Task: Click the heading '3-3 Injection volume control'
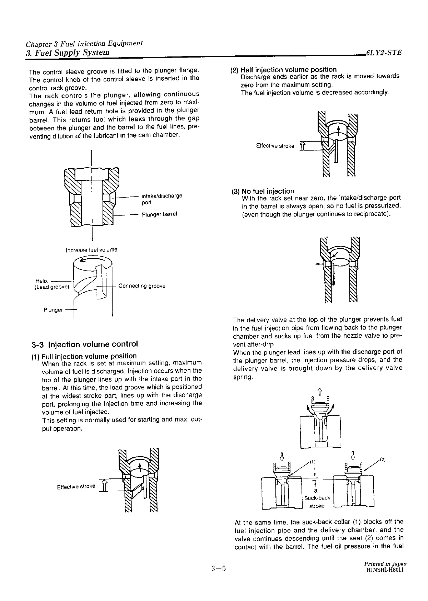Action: click(84, 344)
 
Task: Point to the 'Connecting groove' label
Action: click(141, 286)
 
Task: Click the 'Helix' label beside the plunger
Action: click(42, 281)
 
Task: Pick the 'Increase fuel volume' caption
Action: click(91, 250)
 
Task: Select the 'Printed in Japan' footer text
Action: click(385, 563)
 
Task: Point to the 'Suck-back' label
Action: click(317, 498)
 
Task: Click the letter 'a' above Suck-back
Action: click(316, 491)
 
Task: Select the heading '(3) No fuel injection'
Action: click(263, 191)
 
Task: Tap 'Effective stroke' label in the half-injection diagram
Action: click(275, 146)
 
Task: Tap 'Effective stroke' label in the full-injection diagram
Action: click(76, 487)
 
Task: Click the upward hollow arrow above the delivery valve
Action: click(320, 392)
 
